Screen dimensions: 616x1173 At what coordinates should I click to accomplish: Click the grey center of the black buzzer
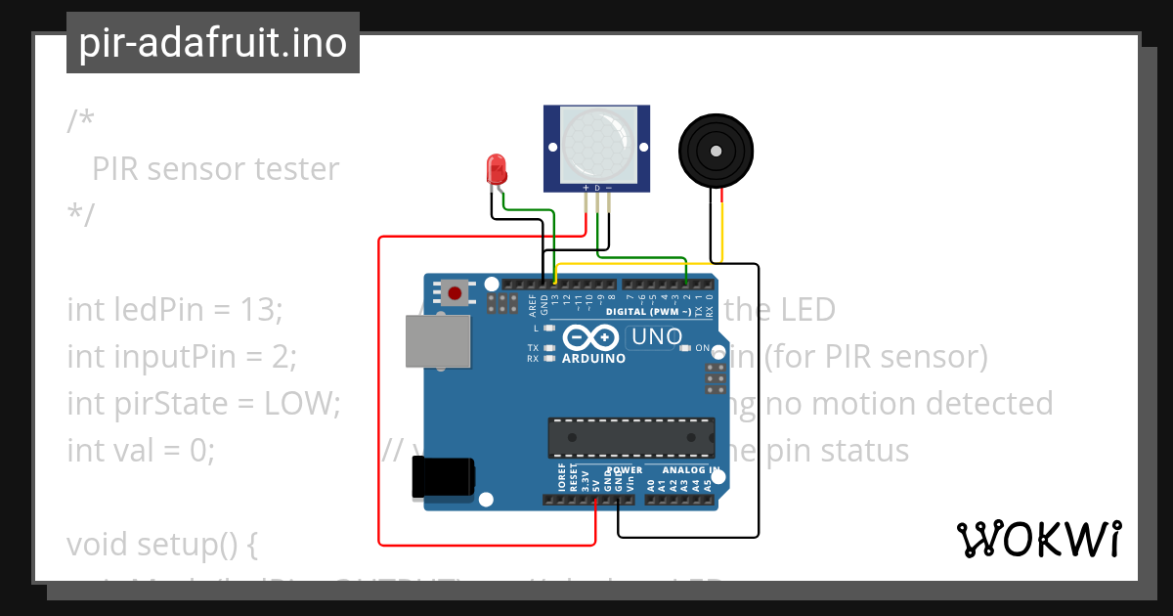(717, 151)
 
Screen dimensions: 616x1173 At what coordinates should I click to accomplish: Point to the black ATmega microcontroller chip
(630, 437)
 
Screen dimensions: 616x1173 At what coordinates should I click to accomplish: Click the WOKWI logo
(1038, 539)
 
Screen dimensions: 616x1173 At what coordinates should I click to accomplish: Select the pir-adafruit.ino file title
(213, 43)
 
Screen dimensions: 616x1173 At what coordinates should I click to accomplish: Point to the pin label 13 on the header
(554, 301)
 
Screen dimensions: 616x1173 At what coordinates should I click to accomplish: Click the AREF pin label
(533, 304)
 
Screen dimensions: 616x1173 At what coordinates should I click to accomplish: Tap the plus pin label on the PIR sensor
(586, 187)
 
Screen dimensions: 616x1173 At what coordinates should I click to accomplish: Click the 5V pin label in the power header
(595, 481)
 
